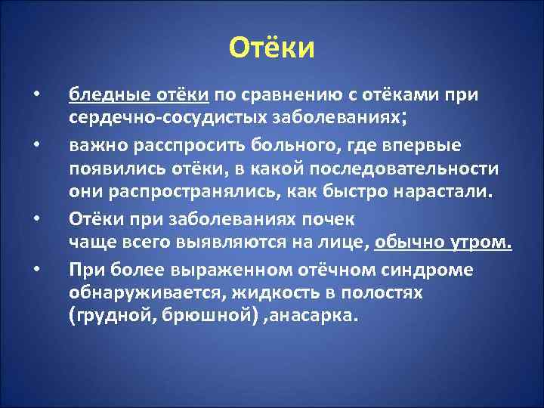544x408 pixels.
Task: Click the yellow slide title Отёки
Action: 271,48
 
